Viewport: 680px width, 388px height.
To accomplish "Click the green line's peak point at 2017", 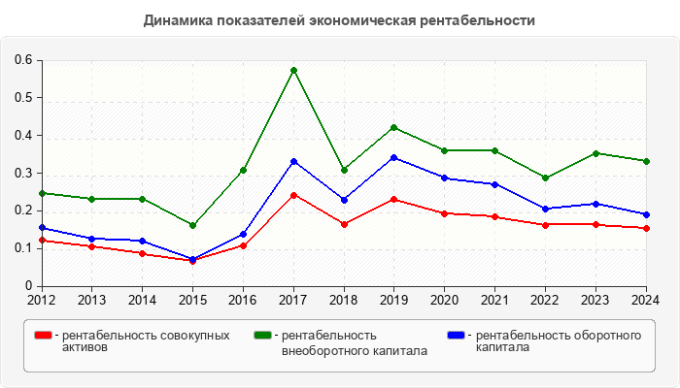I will pos(293,70).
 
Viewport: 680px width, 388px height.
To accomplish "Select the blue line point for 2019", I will pos(393,157).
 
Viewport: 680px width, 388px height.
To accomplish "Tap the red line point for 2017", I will pos(293,195).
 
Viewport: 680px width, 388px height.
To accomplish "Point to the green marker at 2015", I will pos(192,225).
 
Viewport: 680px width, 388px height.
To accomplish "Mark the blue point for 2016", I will pos(243,234).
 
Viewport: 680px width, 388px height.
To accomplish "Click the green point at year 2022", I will pos(545,178).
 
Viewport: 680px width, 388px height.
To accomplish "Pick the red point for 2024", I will pos(646,228).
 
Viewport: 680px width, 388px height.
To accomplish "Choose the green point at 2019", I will pos(393,127).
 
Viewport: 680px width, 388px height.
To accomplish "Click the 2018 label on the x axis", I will pos(344,299).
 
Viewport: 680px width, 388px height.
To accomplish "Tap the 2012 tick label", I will pos(42,299).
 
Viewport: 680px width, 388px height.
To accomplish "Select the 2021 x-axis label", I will pos(494,299).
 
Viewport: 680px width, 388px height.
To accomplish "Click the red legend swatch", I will pos(43,336).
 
